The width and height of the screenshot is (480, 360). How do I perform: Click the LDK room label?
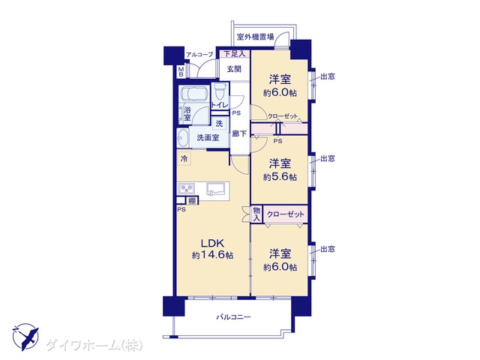pyautogui.click(x=213, y=243)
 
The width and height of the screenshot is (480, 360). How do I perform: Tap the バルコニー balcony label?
pyautogui.click(x=233, y=316)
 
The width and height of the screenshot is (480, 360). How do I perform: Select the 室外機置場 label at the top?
pyautogui.click(x=255, y=37)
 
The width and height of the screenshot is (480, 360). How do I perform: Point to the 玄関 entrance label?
pyautogui.click(x=234, y=69)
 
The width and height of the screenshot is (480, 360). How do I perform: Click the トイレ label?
pyautogui.click(x=220, y=105)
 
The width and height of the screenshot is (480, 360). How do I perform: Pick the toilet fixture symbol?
pyautogui.click(x=220, y=90)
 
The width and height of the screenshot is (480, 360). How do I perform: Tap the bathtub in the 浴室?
pyautogui.click(x=194, y=94)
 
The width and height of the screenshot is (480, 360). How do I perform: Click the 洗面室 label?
pyautogui.click(x=208, y=138)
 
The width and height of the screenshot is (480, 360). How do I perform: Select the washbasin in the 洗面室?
pyautogui.click(x=183, y=138)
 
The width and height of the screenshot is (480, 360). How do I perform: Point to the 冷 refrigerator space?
pyautogui.click(x=184, y=158)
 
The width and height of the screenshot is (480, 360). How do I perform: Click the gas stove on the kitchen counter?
pyautogui.click(x=187, y=188)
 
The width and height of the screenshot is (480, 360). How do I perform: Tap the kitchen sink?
pyautogui.click(x=217, y=188)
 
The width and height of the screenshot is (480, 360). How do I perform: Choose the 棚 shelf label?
pyautogui.click(x=192, y=201)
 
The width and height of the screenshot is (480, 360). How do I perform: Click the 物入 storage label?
pyautogui.click(x=256, y=214)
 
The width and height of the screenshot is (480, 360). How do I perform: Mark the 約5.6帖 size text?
pyautogui.click(x=280, y=177)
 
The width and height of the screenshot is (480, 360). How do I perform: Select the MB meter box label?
pyautogui.click(x=181, y=72)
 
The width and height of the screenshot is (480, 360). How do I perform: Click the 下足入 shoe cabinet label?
pyautogui.click(x=235, y=54)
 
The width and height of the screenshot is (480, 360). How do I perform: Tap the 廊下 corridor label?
pyautogui.click(x=239, y=133)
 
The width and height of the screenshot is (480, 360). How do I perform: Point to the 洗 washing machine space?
pyautogui.click(x=220, y=124)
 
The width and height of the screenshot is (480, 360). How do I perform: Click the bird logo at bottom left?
pyautogui.click(x=26, y=336)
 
